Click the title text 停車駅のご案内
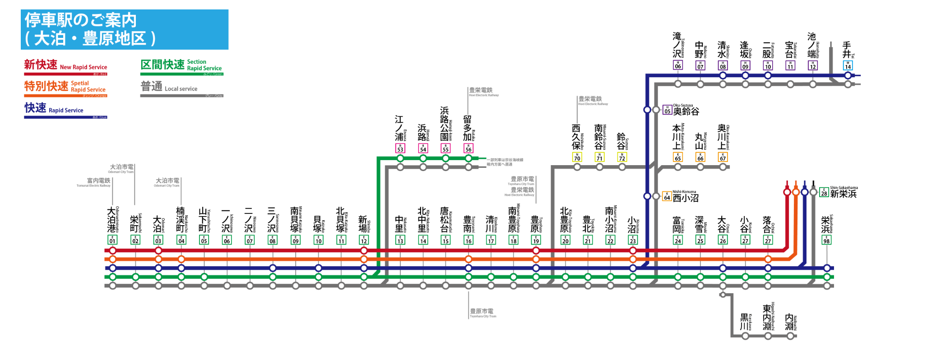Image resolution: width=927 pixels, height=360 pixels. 80,20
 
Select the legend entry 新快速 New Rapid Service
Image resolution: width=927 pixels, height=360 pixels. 65,65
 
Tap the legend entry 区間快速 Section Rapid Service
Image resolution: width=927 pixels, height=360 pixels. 181,65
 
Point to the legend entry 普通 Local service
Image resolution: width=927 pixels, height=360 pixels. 169,87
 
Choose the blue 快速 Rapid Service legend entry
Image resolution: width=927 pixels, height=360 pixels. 54,109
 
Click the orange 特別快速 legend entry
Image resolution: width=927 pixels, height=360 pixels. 65,87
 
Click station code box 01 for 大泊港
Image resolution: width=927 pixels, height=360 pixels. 112,240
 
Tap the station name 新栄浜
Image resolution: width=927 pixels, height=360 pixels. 843,194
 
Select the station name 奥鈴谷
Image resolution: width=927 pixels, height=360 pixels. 686,111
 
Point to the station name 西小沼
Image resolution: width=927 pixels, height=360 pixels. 686,198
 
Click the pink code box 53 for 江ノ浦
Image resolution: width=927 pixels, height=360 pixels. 400,148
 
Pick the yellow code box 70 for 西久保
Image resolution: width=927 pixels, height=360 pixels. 577,157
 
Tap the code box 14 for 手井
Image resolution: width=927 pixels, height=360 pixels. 848,65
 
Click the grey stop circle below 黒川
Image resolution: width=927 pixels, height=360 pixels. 745,336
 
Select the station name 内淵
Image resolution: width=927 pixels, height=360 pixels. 789,322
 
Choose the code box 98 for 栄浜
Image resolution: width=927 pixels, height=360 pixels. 826,240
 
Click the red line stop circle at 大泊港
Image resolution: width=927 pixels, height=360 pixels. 113,251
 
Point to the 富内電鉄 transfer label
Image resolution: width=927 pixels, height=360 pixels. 98,180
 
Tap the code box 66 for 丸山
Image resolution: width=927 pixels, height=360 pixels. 700,157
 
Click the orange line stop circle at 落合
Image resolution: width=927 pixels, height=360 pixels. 768,259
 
